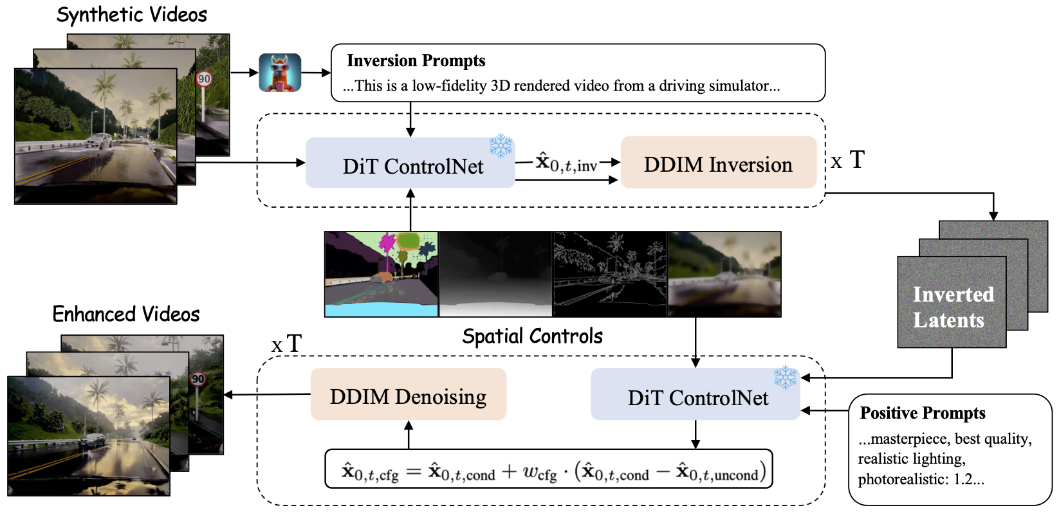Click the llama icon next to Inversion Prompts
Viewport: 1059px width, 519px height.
[x=280, y=72]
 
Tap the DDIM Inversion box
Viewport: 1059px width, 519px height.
[x=719, y=163]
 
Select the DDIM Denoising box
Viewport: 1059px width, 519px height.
[x=409, y=394]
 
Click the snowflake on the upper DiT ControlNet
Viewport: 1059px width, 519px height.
[x=501, y=145]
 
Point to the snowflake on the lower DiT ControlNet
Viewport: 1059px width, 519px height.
[x=786, y=378]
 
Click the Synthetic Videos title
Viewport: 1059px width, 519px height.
[x=132, y=15]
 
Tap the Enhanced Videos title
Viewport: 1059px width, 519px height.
[x=126, y=314]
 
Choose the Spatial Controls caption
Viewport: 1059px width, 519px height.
[x=532, y=336]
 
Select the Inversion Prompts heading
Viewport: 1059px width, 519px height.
[x=416, y=60]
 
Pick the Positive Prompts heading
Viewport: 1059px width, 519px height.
[x=923, y=413]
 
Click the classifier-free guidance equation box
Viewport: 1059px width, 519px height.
[x=549, y=469]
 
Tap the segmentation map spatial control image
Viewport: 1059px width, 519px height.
[x=382, y=274]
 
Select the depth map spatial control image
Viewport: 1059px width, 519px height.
[x=496, y=274]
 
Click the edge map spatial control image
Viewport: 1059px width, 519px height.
[x=610, y=274]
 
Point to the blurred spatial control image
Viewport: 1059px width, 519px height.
[x=724, y=274]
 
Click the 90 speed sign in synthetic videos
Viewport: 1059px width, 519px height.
[x=204, y=78]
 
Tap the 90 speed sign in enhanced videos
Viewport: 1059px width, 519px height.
[x=198, y=379]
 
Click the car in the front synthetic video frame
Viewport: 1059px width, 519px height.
[x=99, y=141]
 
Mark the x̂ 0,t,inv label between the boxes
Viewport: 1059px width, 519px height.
[x=566, y=163]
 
